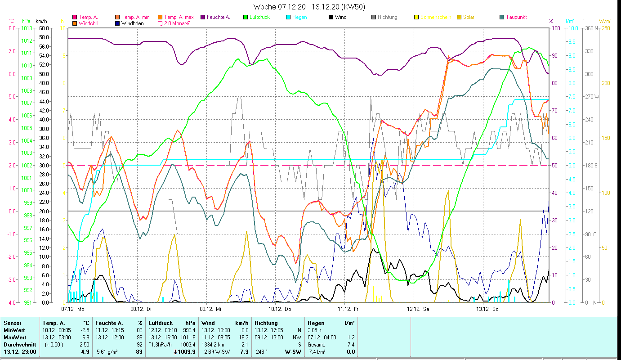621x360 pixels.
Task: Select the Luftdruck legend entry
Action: (257, 17)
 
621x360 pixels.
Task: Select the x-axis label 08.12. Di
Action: (142, 309)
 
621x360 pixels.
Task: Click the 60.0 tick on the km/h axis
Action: (44, 28)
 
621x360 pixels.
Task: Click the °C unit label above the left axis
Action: (12, 21)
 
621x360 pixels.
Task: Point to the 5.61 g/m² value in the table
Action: (107, 351)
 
